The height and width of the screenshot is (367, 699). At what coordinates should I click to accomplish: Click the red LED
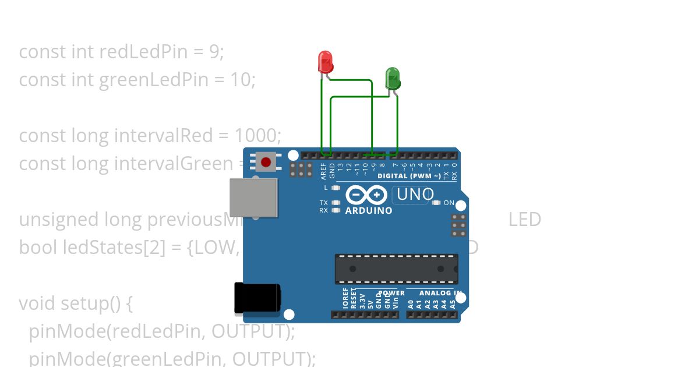pyautogui.click(x=325, y=62)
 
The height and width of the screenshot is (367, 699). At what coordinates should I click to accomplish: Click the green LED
pyautogui.click(x=393, y=78)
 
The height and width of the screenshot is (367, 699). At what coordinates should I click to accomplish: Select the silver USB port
pyautogui.click(x=253, y=197)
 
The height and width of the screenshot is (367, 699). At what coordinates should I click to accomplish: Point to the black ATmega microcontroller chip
pyautogui.click(x=396, y=269)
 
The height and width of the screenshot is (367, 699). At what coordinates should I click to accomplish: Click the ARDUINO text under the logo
pyautogui.click(x=369, y=211)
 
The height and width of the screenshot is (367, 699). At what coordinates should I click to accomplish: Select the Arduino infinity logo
pyautogui.click(x=366, y=195)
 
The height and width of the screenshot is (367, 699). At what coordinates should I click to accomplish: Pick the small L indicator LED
pyautogui.click(x=335, y=188)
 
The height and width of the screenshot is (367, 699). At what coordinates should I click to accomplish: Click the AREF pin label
pyautogui.click(x=324, y=170)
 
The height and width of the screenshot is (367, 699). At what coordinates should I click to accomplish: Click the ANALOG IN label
pyautogui.click(x=441, y=293)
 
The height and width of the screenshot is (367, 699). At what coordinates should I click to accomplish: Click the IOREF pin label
pyautogui.click(x=345, y=298)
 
